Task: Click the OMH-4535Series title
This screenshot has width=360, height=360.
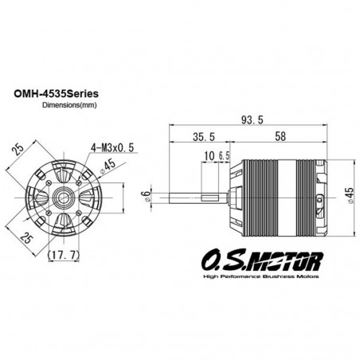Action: click(56, 94)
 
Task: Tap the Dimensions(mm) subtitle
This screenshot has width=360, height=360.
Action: click(69, 105)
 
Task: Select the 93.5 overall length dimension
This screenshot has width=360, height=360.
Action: click(252, 120)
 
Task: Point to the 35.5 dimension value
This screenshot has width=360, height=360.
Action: click(204, 137)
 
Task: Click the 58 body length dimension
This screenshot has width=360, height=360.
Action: click(280, 136)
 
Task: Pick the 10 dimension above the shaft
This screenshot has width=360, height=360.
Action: click(209, 156)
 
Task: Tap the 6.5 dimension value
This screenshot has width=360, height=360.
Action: click(224, 156)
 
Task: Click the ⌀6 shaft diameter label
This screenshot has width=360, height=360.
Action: click(146, 196)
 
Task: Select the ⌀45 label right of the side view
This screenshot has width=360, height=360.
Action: click(350, 196)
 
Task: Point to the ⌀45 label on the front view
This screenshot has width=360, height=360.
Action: click(108, 166)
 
